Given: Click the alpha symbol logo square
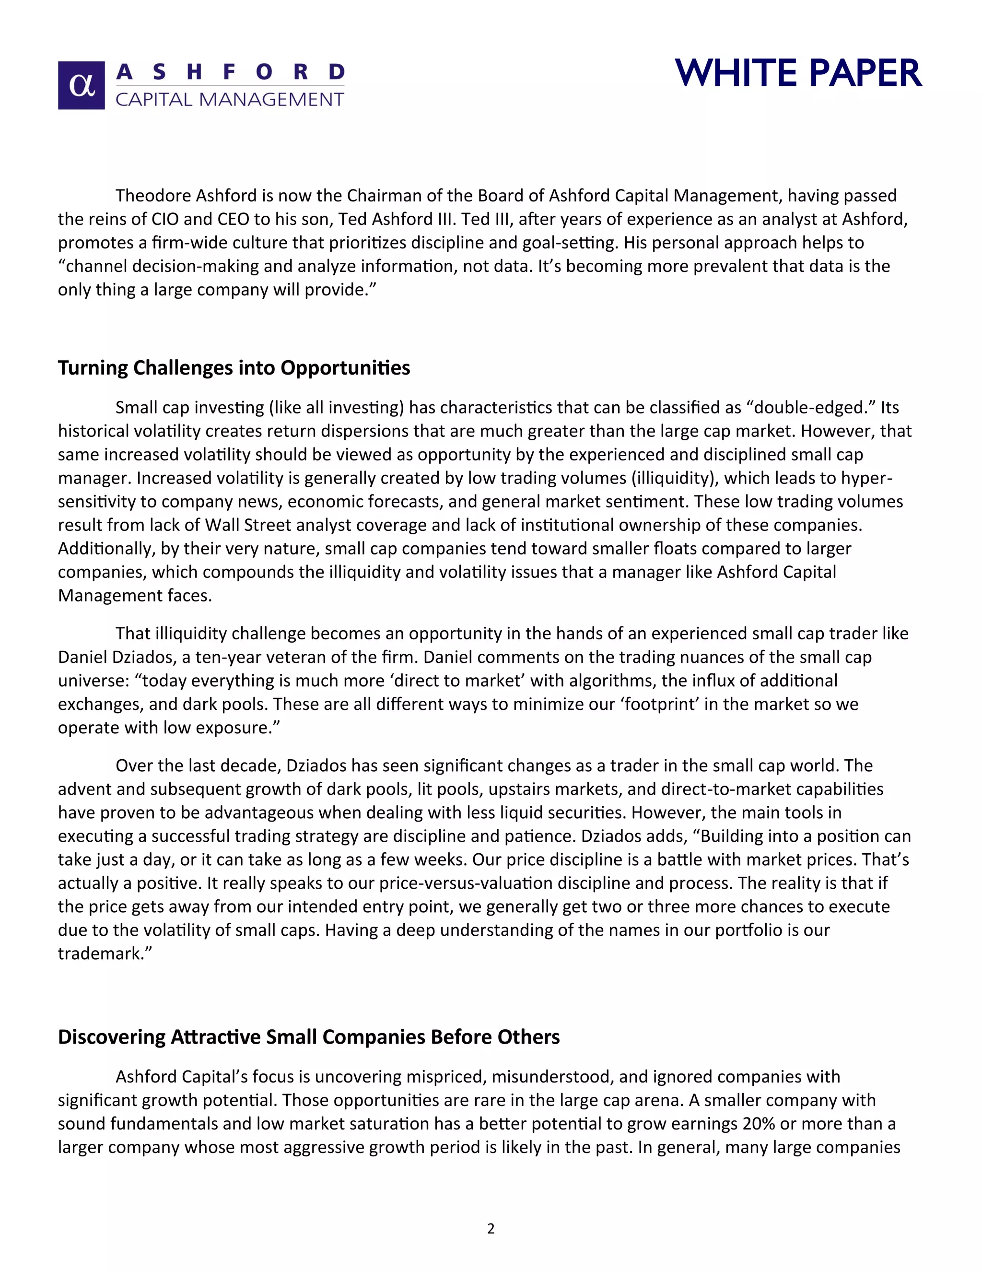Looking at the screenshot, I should (82, 85).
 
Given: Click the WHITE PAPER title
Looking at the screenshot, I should (798, 73).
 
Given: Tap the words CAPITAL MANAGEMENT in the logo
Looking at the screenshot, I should (230, 99).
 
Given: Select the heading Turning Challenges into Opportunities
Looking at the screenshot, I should (234, 368).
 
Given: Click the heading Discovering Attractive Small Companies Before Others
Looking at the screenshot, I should (308, 1036).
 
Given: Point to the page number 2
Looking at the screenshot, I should (491, 1228).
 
